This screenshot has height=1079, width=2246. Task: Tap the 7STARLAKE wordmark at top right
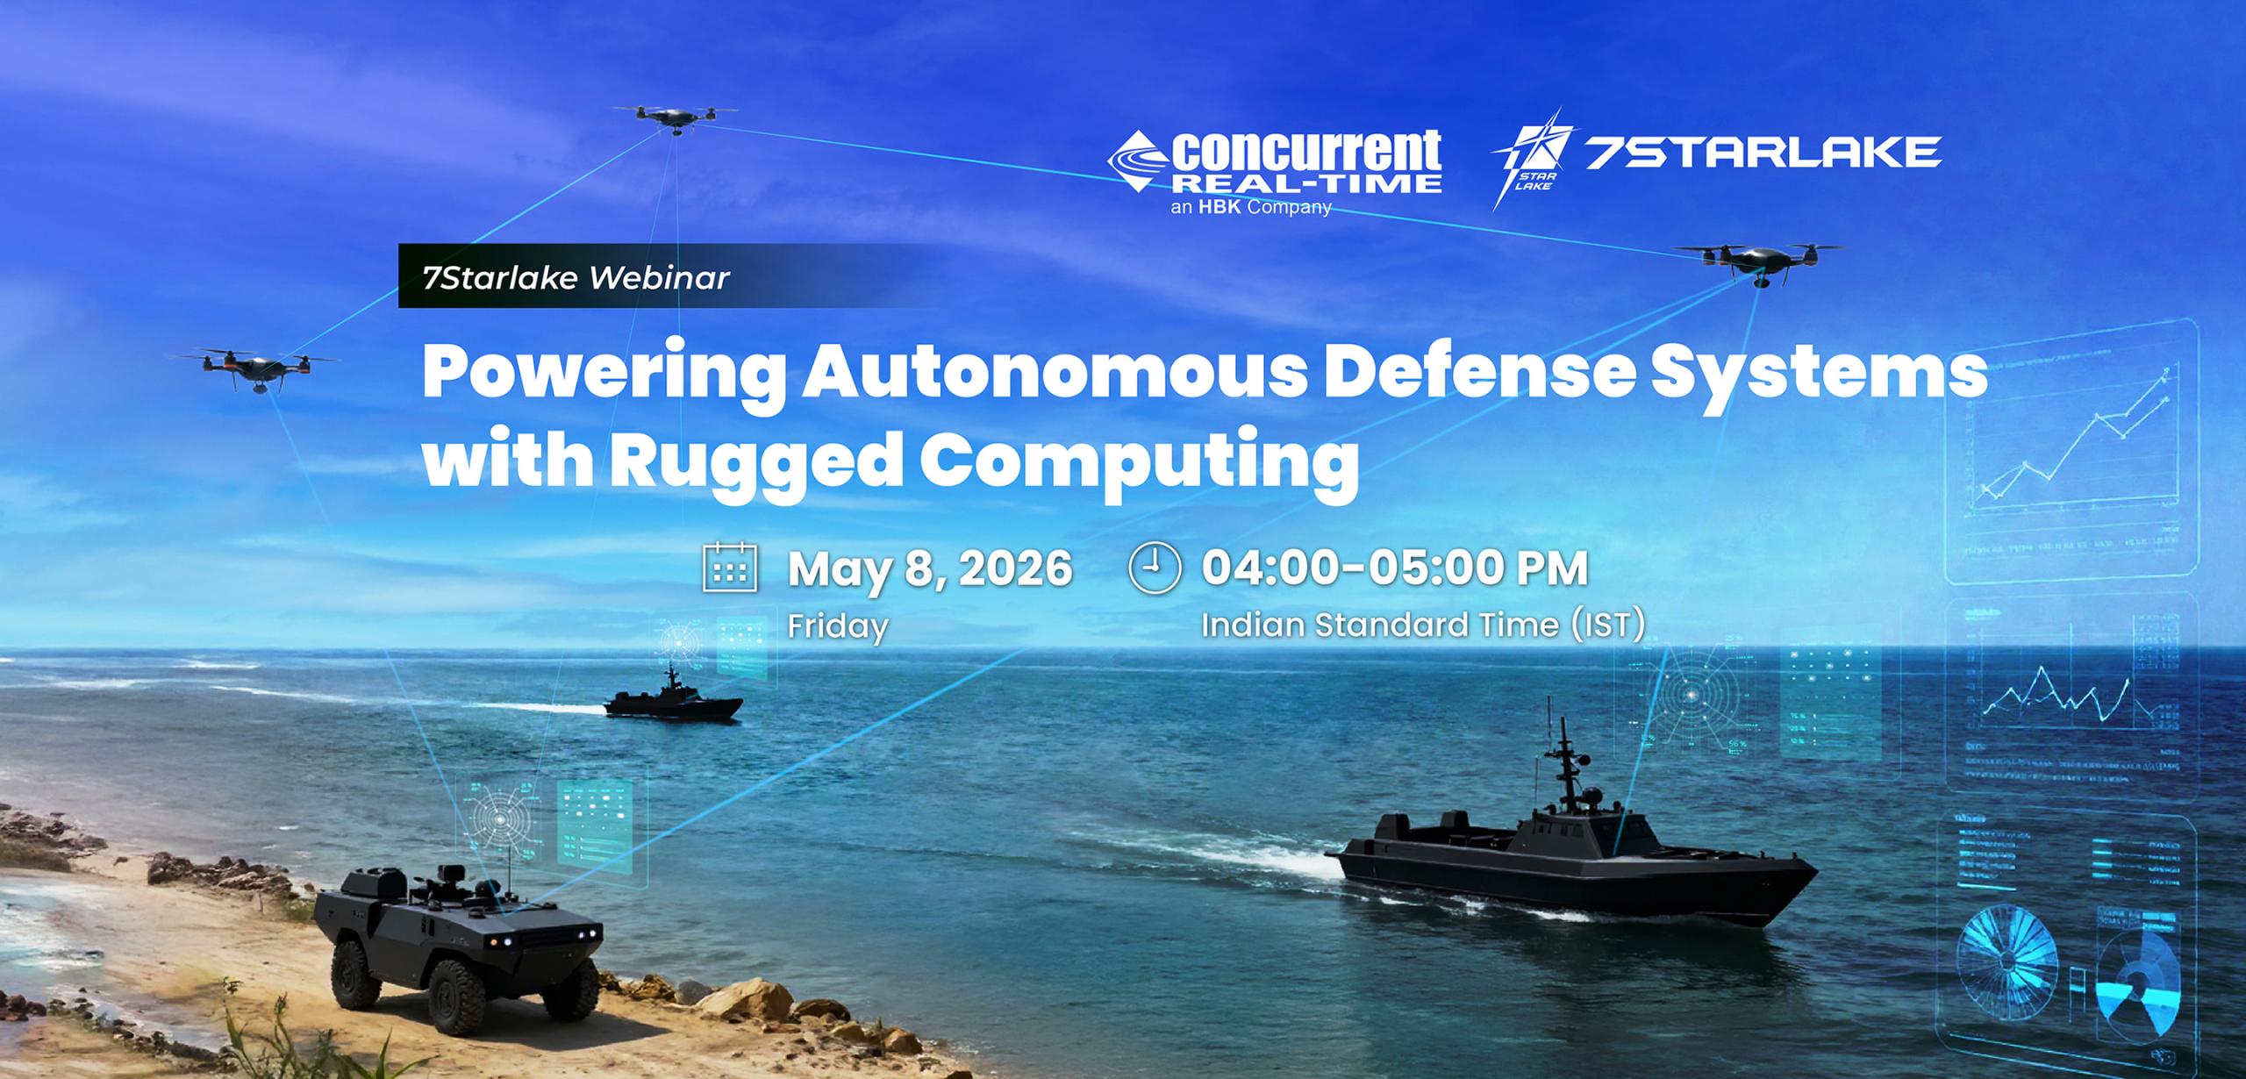point(1763,153)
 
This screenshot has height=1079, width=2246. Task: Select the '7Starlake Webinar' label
point(576,278)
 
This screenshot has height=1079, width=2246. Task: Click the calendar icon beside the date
point(730,568)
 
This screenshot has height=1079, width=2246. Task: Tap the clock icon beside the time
point(1155,568)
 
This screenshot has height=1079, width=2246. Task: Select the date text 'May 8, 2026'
point(930,568)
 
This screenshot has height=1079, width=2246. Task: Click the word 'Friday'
point(838,626)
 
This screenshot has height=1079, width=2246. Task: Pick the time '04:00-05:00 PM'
point(1394,568)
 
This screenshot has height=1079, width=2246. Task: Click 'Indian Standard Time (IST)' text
point(1421,625)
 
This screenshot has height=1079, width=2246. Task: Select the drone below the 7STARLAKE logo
point(1759,260)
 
